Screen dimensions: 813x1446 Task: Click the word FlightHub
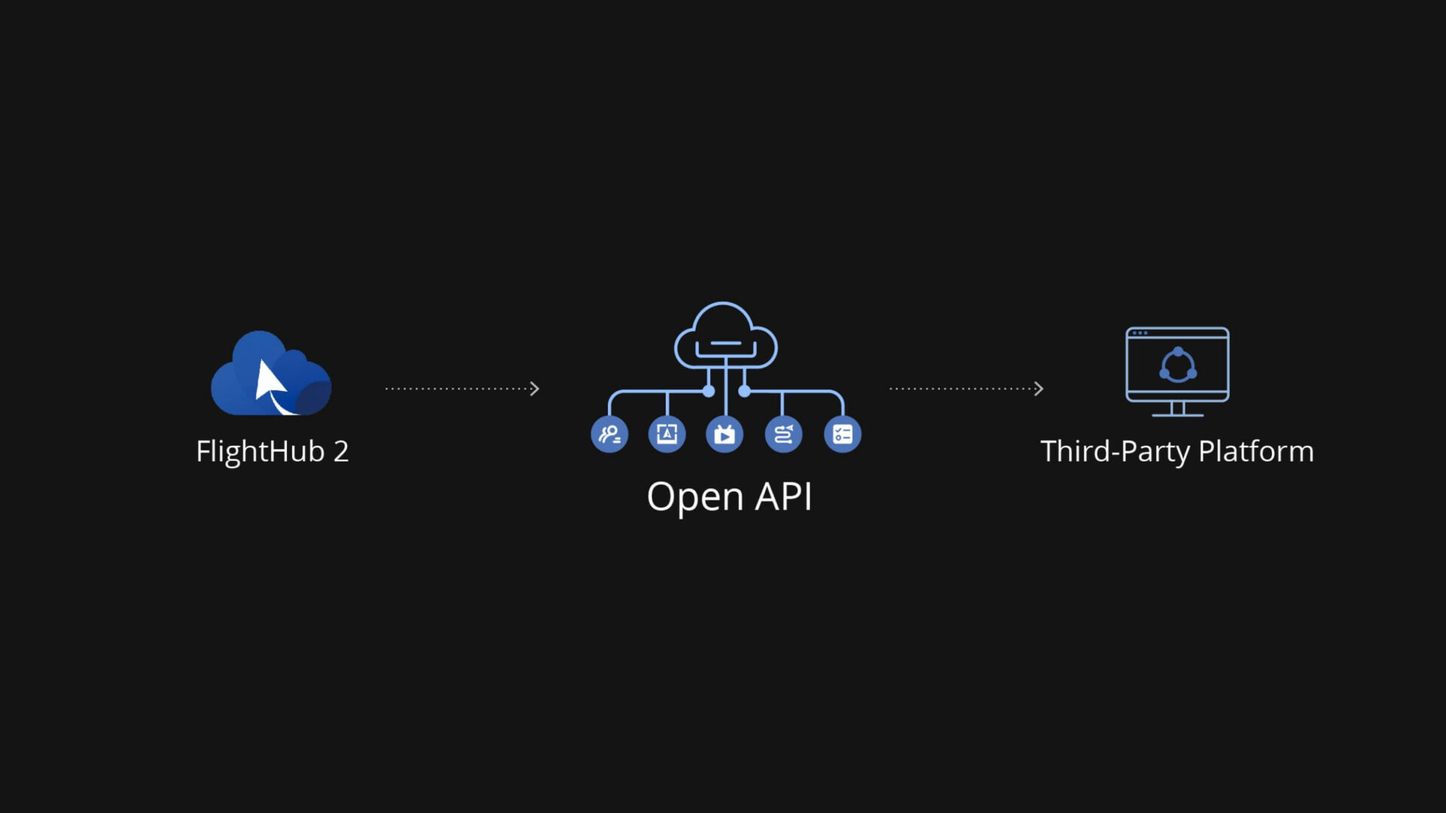[x=260, y=452]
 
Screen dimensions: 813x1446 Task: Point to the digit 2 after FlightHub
[x=341, y=452]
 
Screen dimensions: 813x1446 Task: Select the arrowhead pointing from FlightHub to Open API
[x=535, y=389]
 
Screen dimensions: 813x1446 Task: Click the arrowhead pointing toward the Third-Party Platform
[x=1039, y=389]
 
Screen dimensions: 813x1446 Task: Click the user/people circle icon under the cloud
[x=609, y=434]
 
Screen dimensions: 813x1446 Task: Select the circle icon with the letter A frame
[x=667, y=434]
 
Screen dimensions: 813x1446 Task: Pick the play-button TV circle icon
[x=725, y=434]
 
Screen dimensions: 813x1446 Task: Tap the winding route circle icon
[x=783, y=434]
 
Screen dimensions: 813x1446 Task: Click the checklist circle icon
[x=842, y=434]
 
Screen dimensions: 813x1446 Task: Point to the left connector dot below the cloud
[x=709, y=391]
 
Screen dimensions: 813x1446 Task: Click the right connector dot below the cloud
[x=744, y=391]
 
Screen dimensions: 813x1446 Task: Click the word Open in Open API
[x=694, y=498]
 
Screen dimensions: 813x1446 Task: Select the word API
[x=783, y=496]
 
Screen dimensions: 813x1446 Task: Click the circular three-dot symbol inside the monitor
[x=1178, y=366]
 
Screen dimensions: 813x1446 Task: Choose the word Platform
[x=1255, y=452]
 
